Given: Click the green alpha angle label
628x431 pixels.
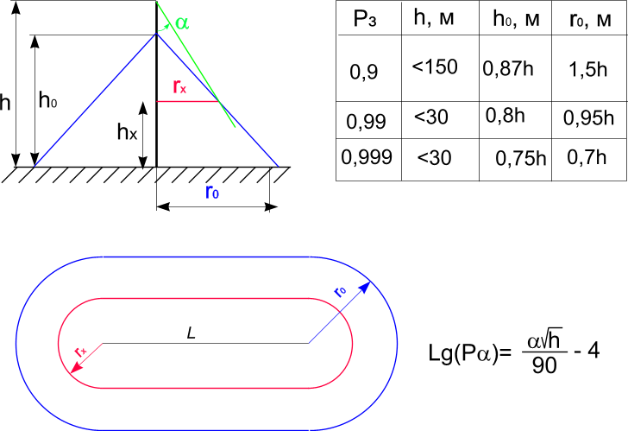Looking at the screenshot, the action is click(182, 22).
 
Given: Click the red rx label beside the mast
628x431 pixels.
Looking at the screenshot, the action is click(179, 86).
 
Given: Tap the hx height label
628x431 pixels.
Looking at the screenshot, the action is click(127, 131).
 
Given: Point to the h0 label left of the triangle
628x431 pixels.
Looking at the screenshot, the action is click(47, 100).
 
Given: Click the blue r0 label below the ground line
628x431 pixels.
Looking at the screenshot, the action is click(212, 192).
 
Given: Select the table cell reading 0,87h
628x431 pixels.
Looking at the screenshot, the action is click(508, 68).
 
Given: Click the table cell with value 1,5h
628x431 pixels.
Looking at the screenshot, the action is click(588, 69).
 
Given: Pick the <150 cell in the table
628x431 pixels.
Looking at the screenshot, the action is click(435, 67).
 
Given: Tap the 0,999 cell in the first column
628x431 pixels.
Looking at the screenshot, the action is click(367, 156).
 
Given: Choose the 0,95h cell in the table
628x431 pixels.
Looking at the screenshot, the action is click(588, 117).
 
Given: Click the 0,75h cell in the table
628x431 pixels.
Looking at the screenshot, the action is click(521, 158).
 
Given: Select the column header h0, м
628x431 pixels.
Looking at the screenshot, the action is click(516, 19).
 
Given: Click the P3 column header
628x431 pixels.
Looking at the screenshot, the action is click(364, 19).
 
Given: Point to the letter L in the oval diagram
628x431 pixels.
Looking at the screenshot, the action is click(191, 333).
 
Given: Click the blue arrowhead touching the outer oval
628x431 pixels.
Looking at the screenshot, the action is click(364, 288).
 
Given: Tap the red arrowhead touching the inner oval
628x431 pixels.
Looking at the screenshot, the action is click(77, 367).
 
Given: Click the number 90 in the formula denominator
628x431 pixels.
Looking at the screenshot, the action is click(544, 365).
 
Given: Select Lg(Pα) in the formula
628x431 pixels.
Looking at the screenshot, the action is click(470, 353).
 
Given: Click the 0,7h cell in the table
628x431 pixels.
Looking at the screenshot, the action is click(587, 157).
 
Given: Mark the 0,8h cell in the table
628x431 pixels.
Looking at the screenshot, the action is click(505, 116).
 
